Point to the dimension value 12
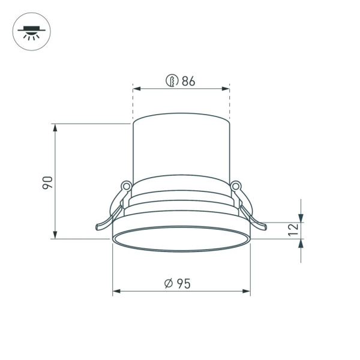click(x=292, y=230)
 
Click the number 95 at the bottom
click(x=184, y=284)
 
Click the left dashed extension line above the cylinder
click(x=133, y=105)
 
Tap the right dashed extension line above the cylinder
click(x=230, y=105)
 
